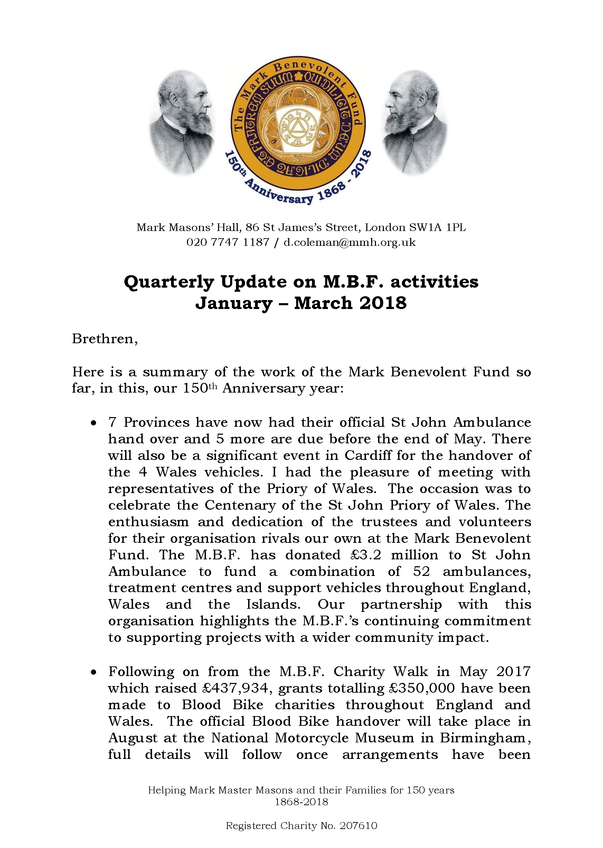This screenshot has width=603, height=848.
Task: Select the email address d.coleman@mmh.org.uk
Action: point(349,243)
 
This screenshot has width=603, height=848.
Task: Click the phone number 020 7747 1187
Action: point(228,243)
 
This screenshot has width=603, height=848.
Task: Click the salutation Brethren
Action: point(104,339)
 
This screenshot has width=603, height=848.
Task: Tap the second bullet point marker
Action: point(94,672)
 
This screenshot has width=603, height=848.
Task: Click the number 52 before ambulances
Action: point(422,572)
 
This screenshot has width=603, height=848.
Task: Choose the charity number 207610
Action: point(358,826)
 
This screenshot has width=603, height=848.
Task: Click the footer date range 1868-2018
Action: point(301,802)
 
